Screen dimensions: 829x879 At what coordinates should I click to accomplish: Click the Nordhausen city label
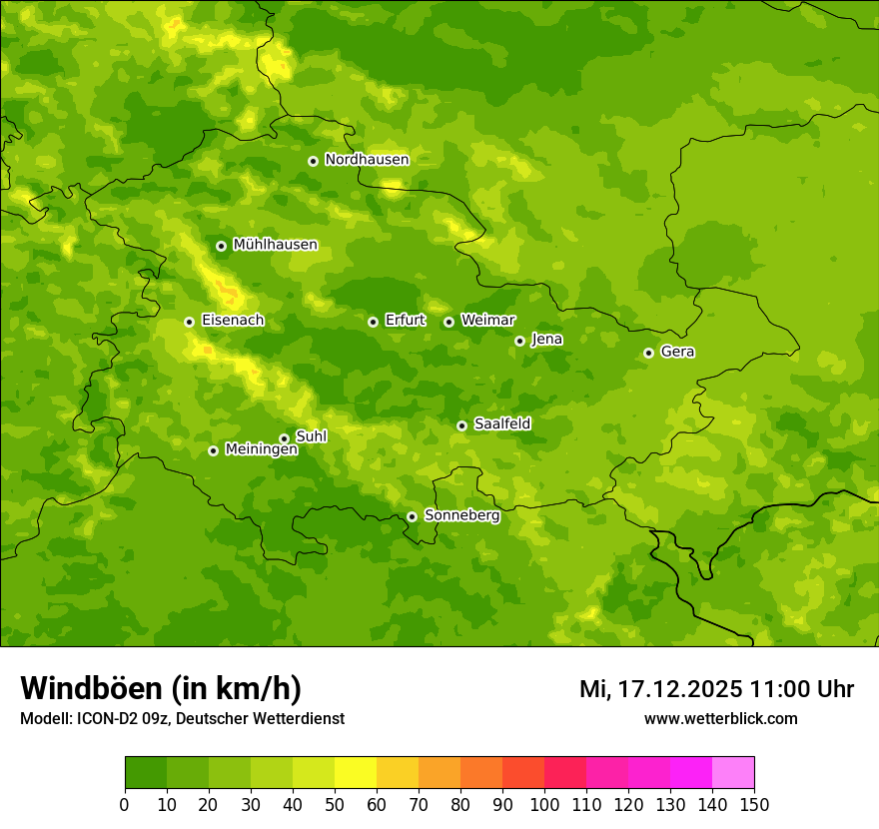(x=367, y=160)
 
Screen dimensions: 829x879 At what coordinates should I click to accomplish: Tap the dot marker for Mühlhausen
(x=221, y=246)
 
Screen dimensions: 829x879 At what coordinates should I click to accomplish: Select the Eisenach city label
(x=233, y=321)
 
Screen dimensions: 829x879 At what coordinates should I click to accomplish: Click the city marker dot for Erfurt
(x=373, y=322)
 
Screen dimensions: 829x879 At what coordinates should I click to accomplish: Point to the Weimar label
(x=488, y=320)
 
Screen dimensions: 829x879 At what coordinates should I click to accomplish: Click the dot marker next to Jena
(x=519, y=341)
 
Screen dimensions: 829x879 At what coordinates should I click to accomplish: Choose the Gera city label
(x=677, y=352)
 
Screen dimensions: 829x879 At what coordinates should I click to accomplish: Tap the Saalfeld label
(x=502, y=424)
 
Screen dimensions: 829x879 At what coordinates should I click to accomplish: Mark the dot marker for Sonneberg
(x=412, y=516)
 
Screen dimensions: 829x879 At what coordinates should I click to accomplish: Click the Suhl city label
(x=312, y=436)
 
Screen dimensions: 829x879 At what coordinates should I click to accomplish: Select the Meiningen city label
(x=262, y=450)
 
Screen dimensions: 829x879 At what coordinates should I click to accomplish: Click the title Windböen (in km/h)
(x=161, y=688)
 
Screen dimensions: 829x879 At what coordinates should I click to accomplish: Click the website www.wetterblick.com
(x=720, y=719)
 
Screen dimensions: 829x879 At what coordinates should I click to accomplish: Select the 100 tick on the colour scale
(x=544, y=803)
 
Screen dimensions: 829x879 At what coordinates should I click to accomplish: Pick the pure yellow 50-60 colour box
(x=356, y=773)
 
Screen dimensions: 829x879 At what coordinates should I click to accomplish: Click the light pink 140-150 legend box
(x=733, y=773)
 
